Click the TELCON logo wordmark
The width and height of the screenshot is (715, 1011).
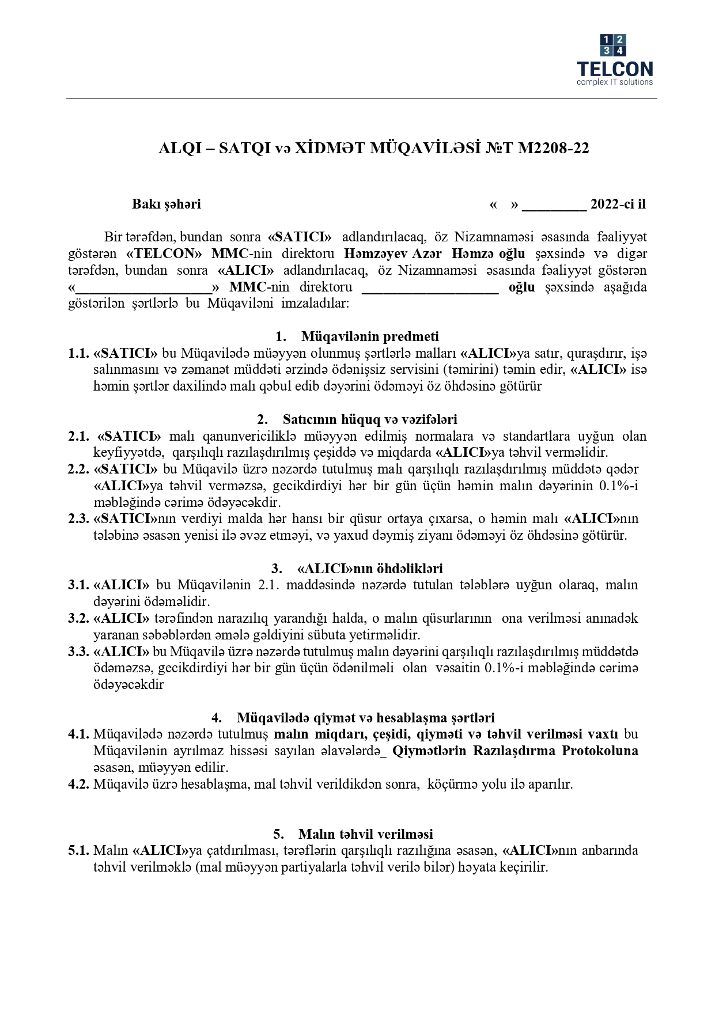615,69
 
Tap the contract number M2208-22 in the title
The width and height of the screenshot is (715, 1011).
554,149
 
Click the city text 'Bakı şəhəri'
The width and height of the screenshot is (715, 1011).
167,204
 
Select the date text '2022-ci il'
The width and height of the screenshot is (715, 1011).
618,204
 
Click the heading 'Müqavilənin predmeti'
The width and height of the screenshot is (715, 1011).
369,336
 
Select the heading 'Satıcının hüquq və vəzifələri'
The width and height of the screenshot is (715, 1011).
369,419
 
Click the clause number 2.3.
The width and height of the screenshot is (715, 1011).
78,518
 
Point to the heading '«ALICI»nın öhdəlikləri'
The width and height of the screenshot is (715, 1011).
369,569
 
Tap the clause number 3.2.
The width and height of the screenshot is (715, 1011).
78,618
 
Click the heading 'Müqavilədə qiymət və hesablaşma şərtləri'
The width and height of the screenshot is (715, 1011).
365,718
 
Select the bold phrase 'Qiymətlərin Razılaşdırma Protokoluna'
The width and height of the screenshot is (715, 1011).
515,751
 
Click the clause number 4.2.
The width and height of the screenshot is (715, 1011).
78,784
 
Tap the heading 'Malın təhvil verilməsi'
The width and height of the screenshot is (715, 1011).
365,834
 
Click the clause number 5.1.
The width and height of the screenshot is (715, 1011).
78,850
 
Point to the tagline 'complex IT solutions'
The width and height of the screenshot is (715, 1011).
615,82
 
